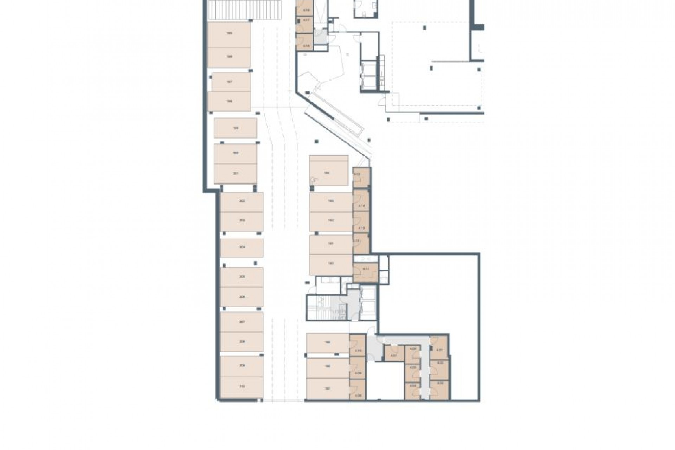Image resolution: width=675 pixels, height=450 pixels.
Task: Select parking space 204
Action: click(x=242, y=247)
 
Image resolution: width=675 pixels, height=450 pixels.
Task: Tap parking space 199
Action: click(x=235, y=128)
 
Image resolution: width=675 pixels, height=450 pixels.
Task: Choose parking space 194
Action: click(x=328, y=173)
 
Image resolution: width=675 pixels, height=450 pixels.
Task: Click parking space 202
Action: click(x=242, y=201)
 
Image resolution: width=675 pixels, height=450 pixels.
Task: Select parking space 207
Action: click(x=242, y=322)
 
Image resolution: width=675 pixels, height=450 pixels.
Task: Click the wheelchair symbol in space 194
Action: click(x=313, y=180)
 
